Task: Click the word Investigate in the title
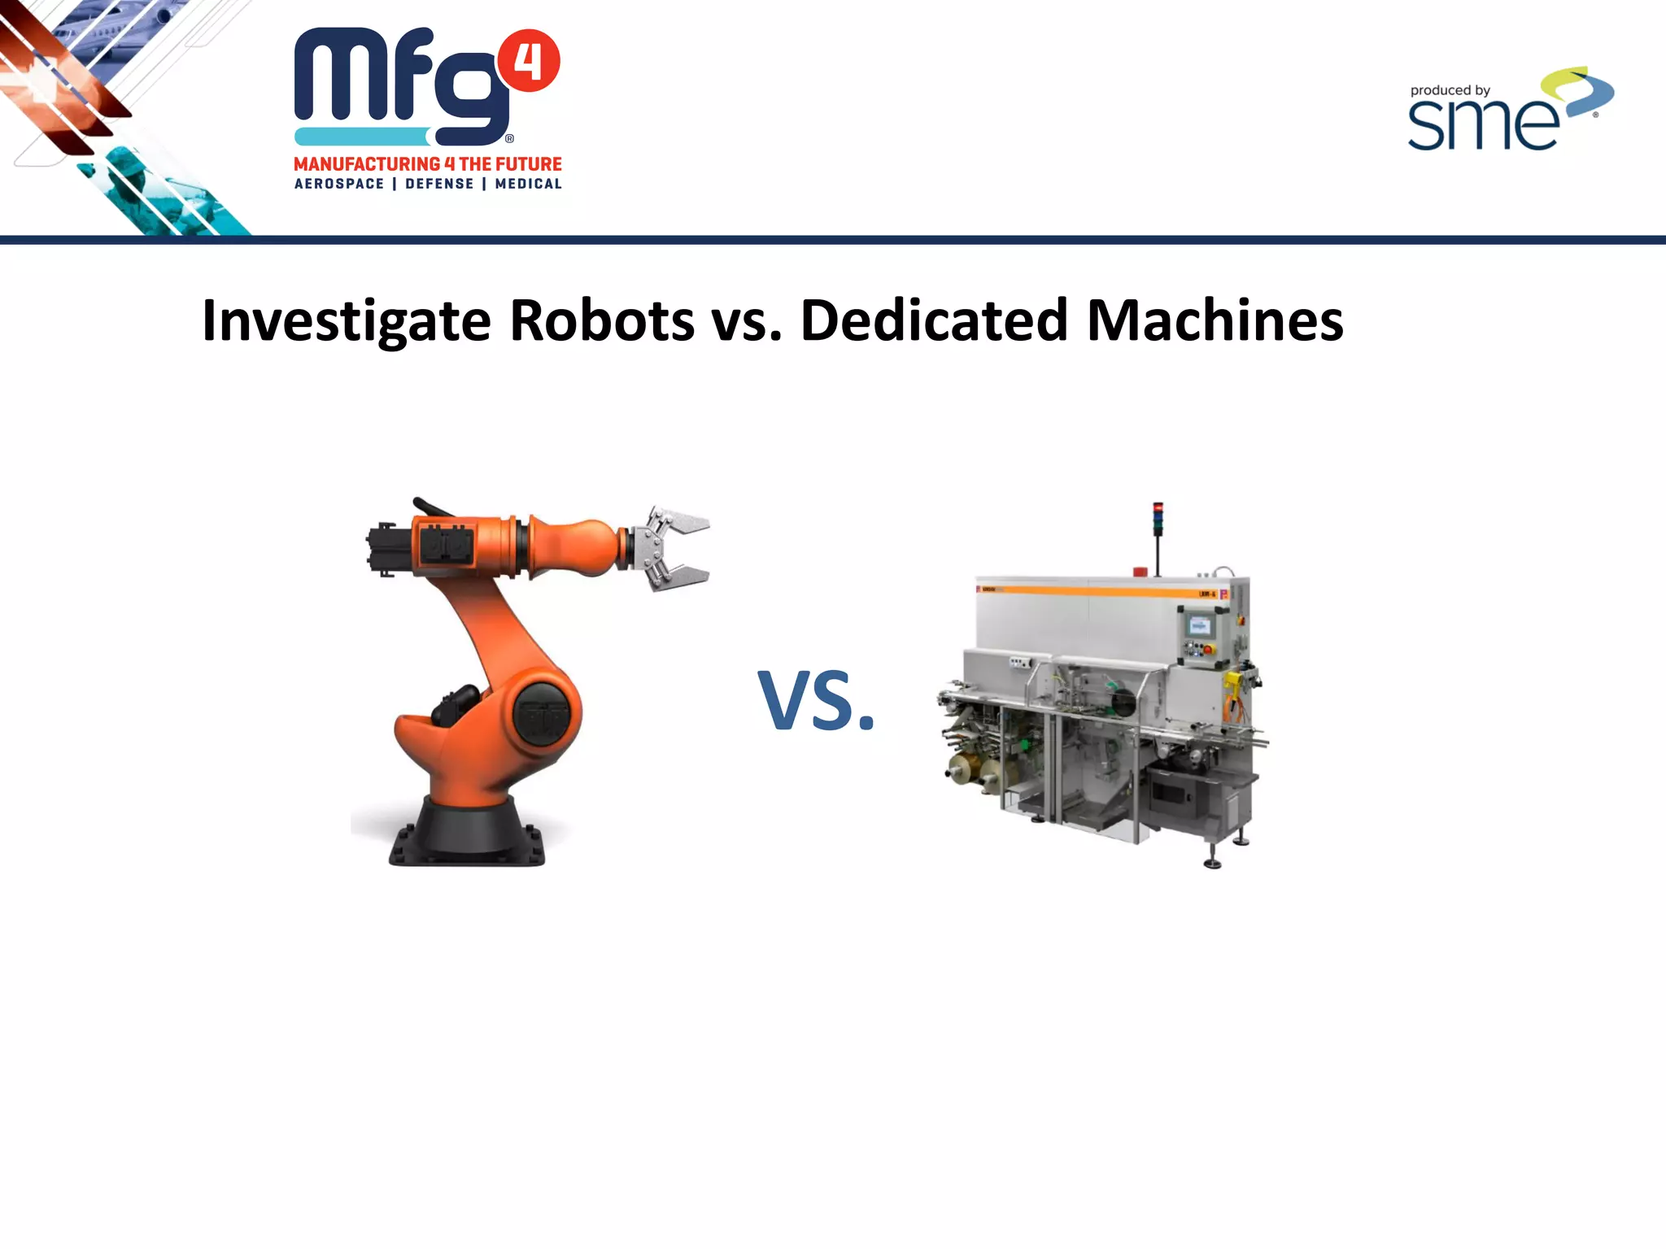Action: pos(346,322)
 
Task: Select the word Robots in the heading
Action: pos(601,320)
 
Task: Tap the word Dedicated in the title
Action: pos(933,320)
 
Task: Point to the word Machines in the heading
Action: pos(1215,320)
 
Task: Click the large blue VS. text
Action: pos(816,701)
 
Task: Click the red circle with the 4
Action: pos(529,61)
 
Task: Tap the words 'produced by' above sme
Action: pos(1450,90)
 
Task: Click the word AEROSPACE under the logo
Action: pos(339,184)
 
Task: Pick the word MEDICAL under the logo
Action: pos(528,184)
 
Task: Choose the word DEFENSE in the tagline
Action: pos(439,184)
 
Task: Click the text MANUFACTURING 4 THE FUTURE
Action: pos(428,164)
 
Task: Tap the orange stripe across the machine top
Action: pos(1098,590)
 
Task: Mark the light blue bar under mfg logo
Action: pos(361,137)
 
